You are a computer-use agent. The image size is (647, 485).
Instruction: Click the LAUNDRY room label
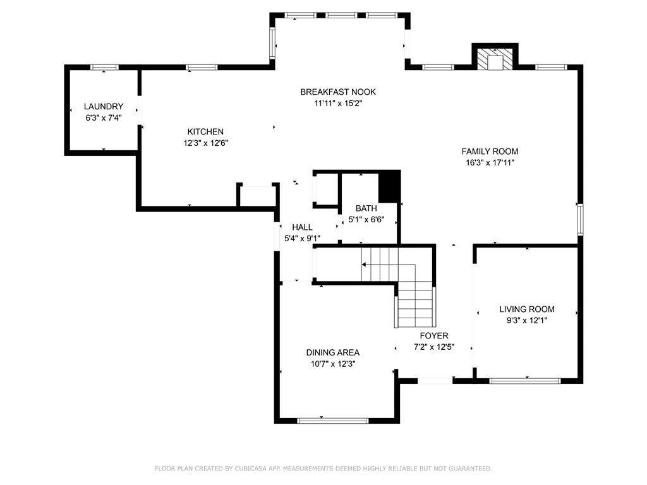pyautogui.click(x=104, y=106)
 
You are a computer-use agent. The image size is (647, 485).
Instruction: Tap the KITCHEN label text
pyautogui.click(x=205, y=131)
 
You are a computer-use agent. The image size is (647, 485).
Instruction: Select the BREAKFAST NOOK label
pyautogui.click(x=338, y=92)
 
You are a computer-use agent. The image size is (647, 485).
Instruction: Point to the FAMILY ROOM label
pyautogui.click(x=490, y=152)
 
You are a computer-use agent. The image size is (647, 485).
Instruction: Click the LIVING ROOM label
pyautogui.click(x=527, y=309)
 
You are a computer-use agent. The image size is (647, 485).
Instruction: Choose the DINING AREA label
pyautogui.click(x=332, y=352)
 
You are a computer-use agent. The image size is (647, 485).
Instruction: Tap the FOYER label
pyautogui.click(x=434, y=335)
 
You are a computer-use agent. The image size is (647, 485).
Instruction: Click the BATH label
pyautogui.click(x=366, y=208)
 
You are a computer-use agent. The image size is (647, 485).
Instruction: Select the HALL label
pyautogui.click(x=303, y=227)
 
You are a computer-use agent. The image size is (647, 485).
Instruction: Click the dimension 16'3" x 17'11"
pyautogui.click(x=490, y=162)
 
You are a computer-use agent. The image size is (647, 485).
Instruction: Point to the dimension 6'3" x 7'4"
pyautogui.click(x=104, y=118)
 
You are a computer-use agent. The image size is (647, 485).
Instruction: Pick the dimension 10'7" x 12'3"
pyautogui.click(x=333, y=364)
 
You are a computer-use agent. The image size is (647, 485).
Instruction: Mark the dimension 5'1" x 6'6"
pyautogui.click(x=366, y=220)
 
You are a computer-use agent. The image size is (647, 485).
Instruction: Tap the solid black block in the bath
pyautogui.click(x=389, y=187)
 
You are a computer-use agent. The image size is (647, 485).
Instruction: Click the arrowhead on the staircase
pyautogui.click(x=364, y=265)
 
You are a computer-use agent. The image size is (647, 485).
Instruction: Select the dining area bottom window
pyautogui.click(x=332, y=421)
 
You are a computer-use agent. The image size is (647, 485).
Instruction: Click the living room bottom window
pyautogui.click(x=525, y=381)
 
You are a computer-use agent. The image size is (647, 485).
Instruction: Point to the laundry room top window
pyautogui.click(x=104, y=67)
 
